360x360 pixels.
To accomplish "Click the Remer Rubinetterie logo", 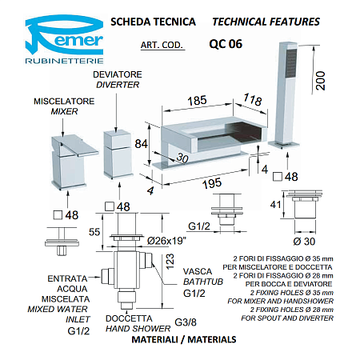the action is coord(64,39).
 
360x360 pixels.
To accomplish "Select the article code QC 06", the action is coord(226,44).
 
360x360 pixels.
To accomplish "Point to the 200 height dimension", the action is coord(320,81).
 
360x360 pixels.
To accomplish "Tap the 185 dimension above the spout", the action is coord(197,101).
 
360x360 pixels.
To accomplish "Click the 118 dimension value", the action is coord(253,100).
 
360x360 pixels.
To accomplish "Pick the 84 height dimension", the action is coord(141,144).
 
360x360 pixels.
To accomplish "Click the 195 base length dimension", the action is coord(212,183).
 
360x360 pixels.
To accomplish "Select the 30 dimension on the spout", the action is coord(182,158).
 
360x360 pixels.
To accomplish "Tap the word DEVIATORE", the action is coord(118,74).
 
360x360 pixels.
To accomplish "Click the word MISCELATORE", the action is coord(64,102).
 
